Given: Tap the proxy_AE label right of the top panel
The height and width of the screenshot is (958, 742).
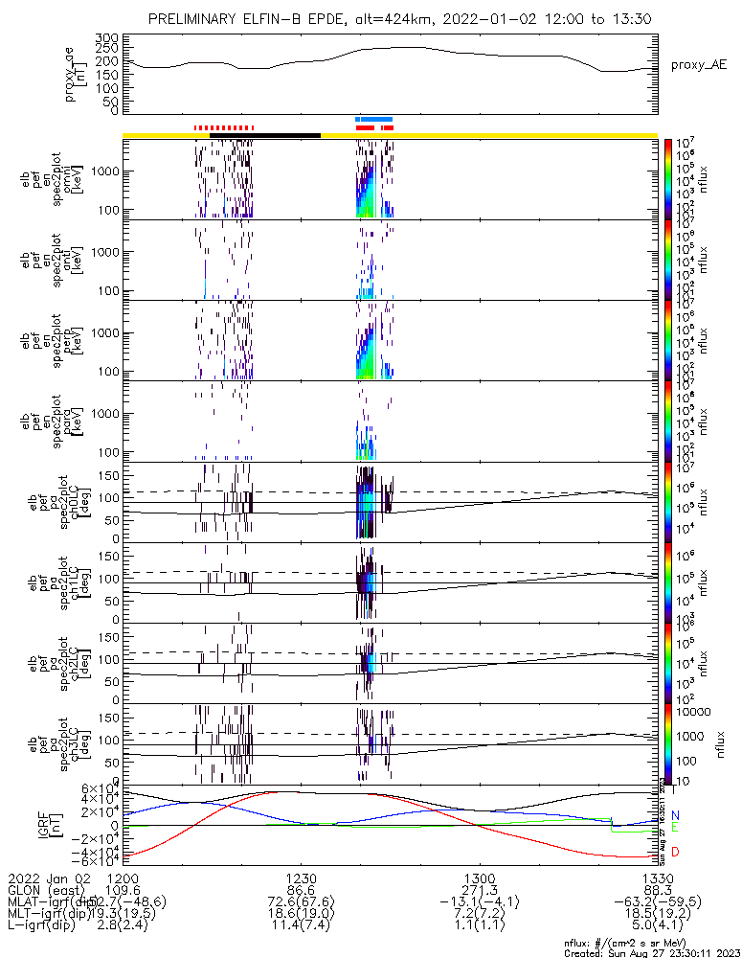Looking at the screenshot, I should [x=700, y=65].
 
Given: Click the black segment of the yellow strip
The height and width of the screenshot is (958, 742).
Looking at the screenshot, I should [x=264, y=135].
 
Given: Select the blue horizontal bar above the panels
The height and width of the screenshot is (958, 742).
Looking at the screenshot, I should [x=374, y=120].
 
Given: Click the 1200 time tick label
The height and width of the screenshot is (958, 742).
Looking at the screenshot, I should [x=124, y=878].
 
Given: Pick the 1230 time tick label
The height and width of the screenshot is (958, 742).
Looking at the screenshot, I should [x=302, y=878].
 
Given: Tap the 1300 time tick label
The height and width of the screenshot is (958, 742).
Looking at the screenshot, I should [x=480, y=878].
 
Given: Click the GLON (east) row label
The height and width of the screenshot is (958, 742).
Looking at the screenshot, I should [x=46, y=890].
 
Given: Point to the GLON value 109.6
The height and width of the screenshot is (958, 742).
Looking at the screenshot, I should [x=124, y=890].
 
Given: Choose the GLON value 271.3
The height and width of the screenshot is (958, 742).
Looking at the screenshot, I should [x=480, y=890].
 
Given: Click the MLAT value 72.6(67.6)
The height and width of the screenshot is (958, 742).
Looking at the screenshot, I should [x=302, y=902].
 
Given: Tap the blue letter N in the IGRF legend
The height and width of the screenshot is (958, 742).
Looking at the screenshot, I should [x=675, y=815].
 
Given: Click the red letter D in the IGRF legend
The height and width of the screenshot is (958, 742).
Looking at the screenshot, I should [x=675, y=852].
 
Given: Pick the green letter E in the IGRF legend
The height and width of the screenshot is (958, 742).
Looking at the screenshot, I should [x=675, y=827].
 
